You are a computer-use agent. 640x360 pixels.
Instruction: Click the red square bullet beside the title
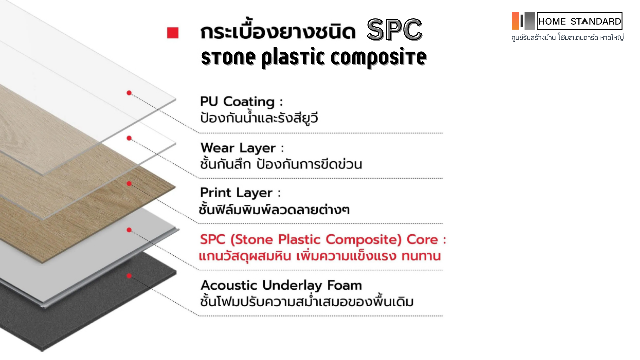(x=173, y=33)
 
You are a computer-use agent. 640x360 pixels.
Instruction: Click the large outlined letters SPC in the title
(x=395, y=30)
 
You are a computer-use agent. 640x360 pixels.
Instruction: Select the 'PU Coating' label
(x=237, y=102)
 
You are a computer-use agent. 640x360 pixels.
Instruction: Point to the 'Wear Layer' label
(x=238, y=148)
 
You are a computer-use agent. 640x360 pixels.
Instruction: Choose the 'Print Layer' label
(x=236, y=193)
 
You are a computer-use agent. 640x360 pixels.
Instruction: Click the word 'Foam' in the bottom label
(x=344, y=285)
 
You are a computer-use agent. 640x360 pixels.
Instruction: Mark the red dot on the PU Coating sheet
(x=129, y=93)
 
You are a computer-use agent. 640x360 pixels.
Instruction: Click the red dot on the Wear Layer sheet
(x=129, y=138)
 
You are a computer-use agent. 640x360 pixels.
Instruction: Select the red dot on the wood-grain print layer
(x=129, y=184)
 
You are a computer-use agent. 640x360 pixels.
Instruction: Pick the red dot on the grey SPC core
(x=129, y=230)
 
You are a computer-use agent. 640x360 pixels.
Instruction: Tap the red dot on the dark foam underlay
(x=129, y=276)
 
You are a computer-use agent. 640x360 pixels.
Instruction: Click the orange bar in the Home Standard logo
(x=515, y=21)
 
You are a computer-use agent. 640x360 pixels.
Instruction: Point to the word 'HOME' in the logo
(x=552, y=22)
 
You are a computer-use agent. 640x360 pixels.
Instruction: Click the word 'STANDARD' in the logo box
(x=596, y=22)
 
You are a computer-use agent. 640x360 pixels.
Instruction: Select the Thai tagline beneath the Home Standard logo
(x=567, y=38)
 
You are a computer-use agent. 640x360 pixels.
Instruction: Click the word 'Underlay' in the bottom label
(x=292, y=286)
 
